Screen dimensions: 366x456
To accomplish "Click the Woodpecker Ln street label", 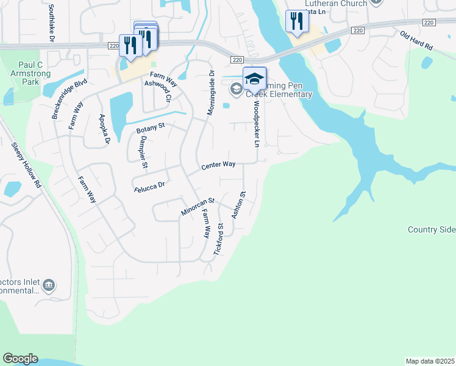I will tap(257, 124).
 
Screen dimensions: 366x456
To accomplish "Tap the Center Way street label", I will tap(218, 165).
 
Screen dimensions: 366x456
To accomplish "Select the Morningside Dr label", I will tap(212, 95).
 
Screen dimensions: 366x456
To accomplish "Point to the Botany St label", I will tap(151, 129).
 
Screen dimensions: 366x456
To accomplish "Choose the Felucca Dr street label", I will tap(150, 186).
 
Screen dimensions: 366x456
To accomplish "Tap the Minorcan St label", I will tap(198, 206).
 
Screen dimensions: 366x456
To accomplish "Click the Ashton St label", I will tap(238, 206).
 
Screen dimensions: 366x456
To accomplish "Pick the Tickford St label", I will tap(218, 239).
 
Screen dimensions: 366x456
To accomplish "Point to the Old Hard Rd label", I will tap(416, 40).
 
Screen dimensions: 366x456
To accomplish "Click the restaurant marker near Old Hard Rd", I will tap(296, 22).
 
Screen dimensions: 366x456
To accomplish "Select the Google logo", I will tap(20, 359).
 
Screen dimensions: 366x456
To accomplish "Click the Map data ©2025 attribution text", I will tap(430, 361).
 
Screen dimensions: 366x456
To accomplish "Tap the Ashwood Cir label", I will tap(157, 90).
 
